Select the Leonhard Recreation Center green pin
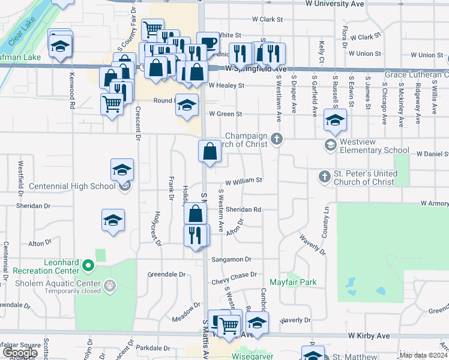[x=88, y=265]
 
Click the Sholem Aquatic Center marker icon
[x=109, y=286]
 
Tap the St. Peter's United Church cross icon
[x=324, y=176]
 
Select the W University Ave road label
[x=335, y=4]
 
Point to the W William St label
[x=244, y=180]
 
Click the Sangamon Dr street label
[x=231, y=260]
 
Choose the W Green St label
[x=225, y=114]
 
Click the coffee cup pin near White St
[x=208, y=43]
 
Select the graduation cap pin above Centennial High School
[x=122, y=170]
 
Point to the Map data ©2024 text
[x=423, y=355]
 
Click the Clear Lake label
[x=23, y=33]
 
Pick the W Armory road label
[x=435, y=204]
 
